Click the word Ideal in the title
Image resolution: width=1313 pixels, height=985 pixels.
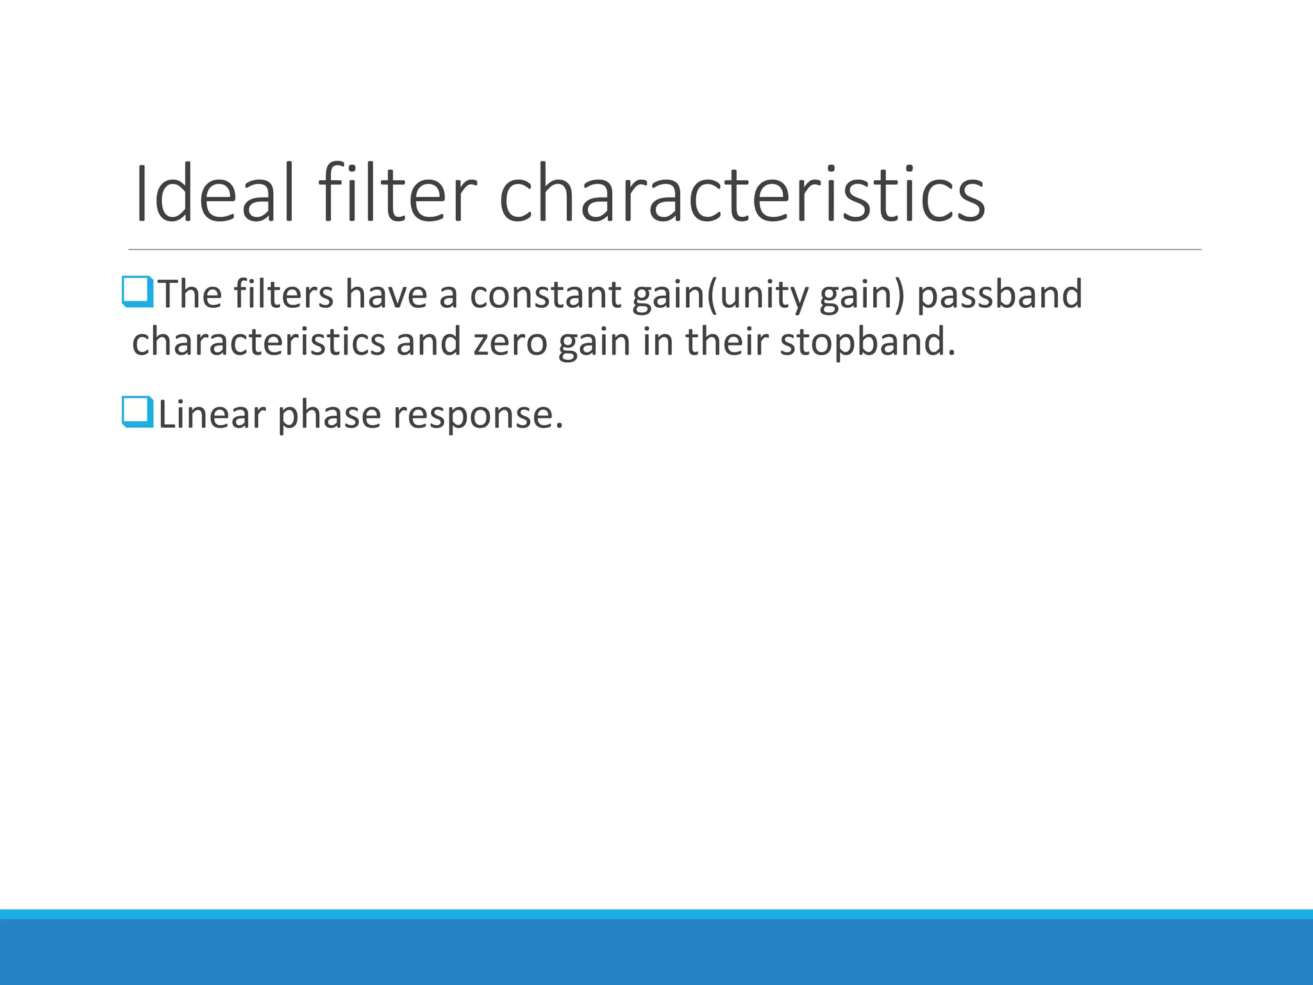point(215,194)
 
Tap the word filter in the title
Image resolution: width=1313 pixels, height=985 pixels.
point(397,194)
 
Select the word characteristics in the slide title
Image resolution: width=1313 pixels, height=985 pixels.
point(742,194)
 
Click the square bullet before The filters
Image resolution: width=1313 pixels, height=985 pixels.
point(137,292)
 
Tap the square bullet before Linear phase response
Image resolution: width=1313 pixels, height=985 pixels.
point(137,412)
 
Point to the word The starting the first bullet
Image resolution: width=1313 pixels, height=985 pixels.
point(190,294)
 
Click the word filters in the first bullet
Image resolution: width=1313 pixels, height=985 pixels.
point(283,294)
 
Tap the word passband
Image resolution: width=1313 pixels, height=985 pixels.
point(999,294)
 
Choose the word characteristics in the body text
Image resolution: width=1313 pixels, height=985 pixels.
point(258,342)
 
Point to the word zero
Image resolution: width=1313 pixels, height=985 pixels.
point(510,342)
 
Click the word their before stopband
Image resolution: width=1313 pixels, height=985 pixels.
point(727,342)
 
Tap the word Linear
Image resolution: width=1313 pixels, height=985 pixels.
point(212,414)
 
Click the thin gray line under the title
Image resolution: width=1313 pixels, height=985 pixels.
point(665,249)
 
